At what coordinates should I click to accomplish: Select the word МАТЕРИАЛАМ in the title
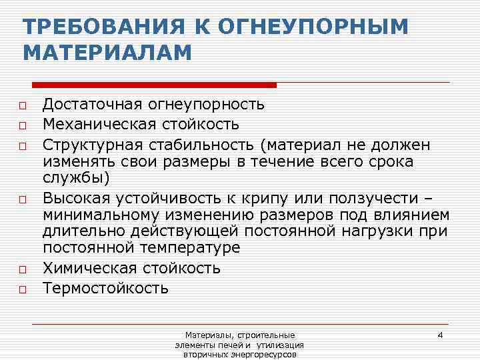coord(107,53)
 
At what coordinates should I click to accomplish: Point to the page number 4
coord(440,334)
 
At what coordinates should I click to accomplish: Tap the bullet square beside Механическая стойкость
coord(22,125)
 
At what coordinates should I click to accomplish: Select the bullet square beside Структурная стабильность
coord(22,145)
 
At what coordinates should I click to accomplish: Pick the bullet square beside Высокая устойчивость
coord(22,198)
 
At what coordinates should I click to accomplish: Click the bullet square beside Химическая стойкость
coord(22,270)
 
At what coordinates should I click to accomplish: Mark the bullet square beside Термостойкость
coord(22,289)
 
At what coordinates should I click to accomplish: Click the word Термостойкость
coord(105,289)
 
